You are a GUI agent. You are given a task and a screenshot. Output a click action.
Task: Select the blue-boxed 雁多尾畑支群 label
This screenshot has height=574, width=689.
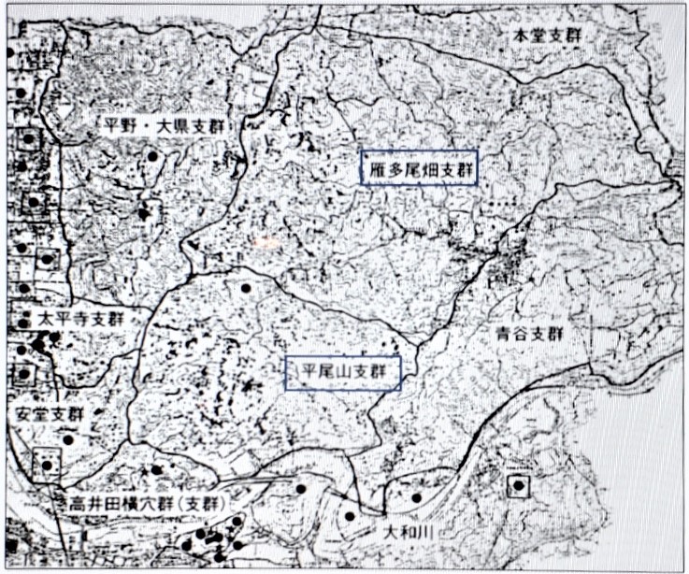420,170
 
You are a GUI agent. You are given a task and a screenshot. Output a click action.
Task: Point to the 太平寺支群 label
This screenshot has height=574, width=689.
80,319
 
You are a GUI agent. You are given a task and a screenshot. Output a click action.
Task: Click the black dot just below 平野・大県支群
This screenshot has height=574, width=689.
151,155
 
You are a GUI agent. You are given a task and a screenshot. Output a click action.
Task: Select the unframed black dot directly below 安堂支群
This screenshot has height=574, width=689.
68,438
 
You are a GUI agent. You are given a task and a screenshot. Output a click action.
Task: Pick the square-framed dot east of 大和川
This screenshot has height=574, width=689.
518,485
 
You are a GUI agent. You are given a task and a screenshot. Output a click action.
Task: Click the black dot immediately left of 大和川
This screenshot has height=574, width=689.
350,515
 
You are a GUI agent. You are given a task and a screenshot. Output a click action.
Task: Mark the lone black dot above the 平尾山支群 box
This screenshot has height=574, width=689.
246,288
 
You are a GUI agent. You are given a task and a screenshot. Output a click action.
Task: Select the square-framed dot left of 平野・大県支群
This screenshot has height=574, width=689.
30,139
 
